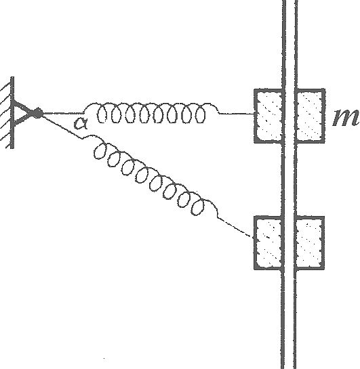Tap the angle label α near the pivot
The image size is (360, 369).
pos(81,123)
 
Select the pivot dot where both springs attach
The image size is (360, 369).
pos(37,113)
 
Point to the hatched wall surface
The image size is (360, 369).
pos(7,112)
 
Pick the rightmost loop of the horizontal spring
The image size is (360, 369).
pos(200,114)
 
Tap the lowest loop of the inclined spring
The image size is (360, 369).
pos(198,207)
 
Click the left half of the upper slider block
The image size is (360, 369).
pos(268,116)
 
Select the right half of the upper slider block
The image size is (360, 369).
pos(310,116)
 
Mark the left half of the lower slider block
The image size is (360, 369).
pos(268,242)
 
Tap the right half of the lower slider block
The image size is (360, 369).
pos(309,242)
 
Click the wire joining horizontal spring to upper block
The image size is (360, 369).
pos(237,114)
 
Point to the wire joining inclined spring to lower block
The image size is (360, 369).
pos(234,227)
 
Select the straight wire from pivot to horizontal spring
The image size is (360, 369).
pos(62,114)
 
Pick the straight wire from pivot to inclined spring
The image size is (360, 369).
pos(62,127)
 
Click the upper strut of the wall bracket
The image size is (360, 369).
pos(24,107)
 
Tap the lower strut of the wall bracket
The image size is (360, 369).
pos(24,120)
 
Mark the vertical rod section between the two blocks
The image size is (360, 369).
pos(289,179)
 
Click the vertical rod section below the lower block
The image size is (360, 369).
pos(289,319)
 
